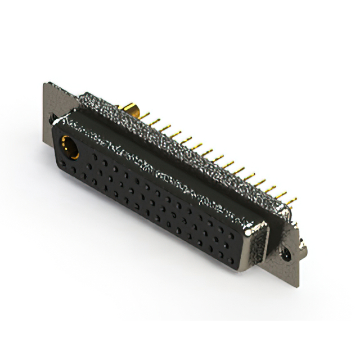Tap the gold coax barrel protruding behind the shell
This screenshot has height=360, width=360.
130,109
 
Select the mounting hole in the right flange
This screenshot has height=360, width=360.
287,254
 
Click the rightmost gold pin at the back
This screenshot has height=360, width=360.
291,199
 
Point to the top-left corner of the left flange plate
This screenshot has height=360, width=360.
45,84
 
